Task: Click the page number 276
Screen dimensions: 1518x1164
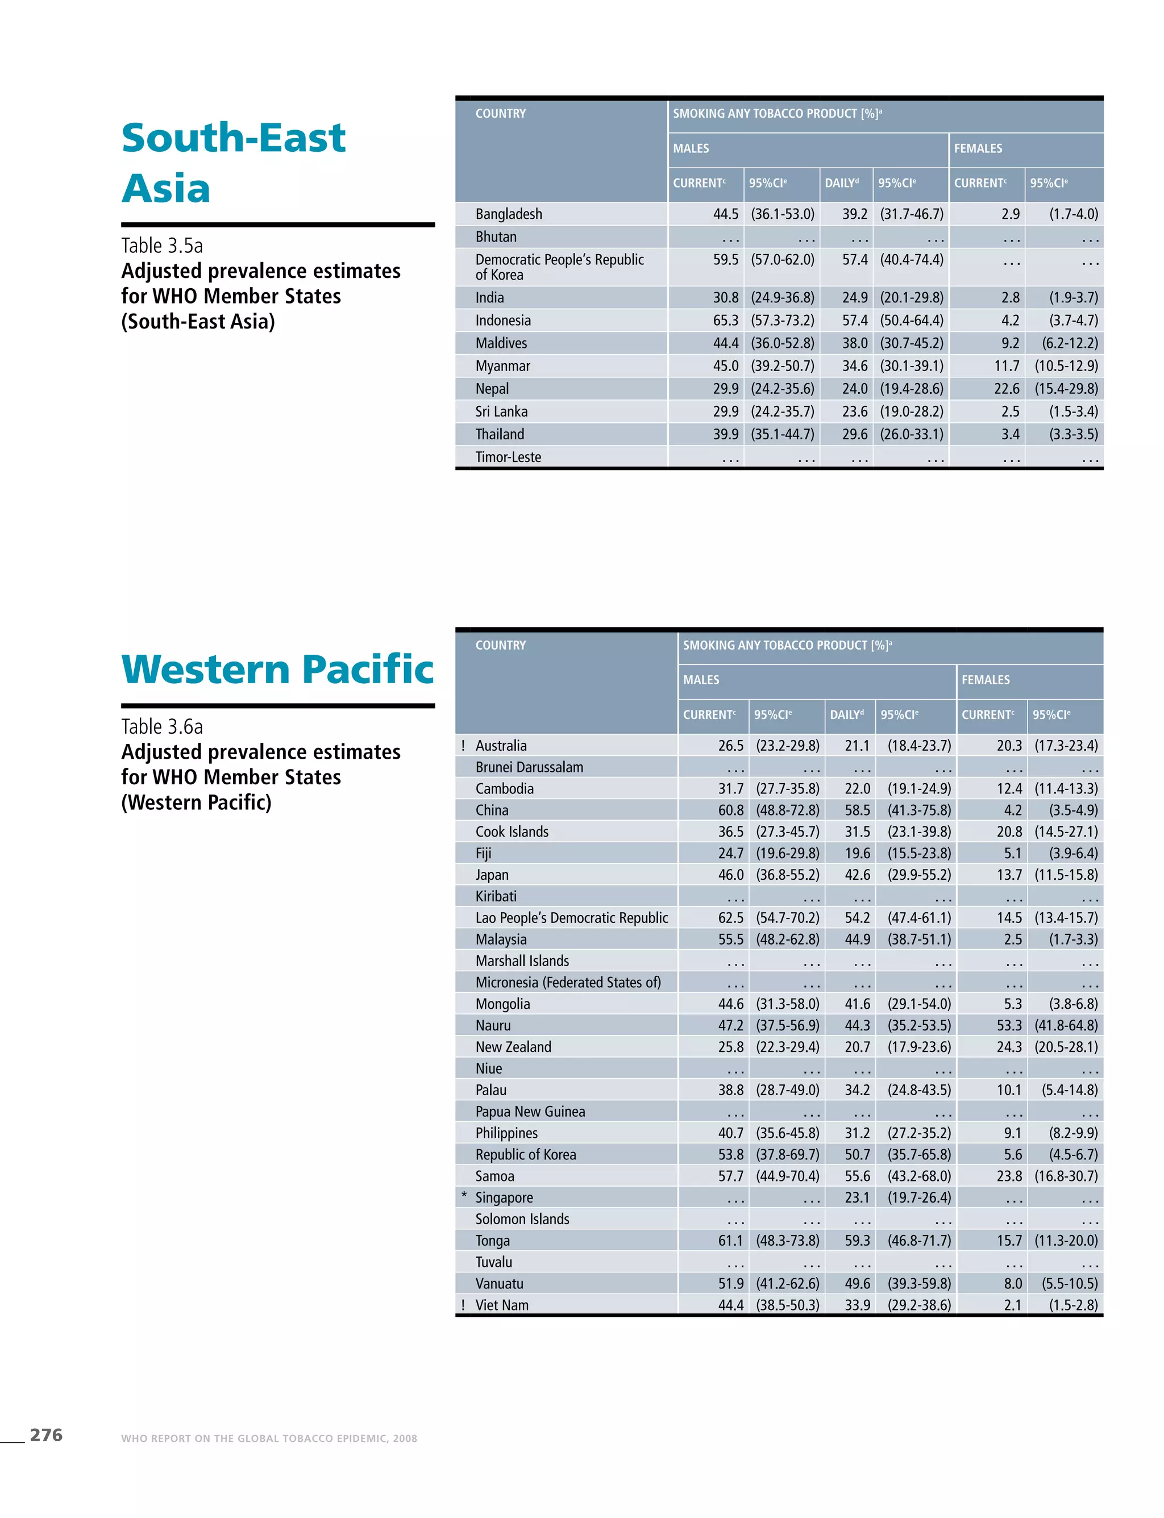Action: click(x=45, y=1435)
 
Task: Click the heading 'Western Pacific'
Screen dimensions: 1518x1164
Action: click(x=277, y=669)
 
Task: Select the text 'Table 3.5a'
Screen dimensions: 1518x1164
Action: click(x=161, y=246)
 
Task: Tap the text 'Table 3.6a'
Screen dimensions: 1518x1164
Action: click(x=161, y=726)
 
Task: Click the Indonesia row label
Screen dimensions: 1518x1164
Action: click(x=503, y=320)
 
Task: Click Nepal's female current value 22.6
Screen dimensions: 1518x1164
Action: click(x=1006, y=389)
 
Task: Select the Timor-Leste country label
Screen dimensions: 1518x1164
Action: click(x=508, y=458)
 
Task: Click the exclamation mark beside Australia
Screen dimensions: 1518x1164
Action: click(x=463, y=746)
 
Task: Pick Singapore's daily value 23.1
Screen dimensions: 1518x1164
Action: click(x=857, y=1197)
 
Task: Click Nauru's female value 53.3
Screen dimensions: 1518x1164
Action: click(x=1009, y=1025)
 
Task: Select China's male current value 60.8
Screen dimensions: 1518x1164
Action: click(x=730, y=810)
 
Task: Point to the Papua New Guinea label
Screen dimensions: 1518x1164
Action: click(x=530, y=1111)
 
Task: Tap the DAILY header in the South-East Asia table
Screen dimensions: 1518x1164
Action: click(x=841, y=183)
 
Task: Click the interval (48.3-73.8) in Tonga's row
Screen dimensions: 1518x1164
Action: click(x=787, y=1240)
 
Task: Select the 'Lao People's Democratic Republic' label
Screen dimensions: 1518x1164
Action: click(x=572, y=918)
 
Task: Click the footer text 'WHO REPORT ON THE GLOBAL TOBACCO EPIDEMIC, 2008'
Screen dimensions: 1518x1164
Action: click(x=269, y=1438)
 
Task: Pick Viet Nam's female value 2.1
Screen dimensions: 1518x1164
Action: click(x=1012, y=1305)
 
